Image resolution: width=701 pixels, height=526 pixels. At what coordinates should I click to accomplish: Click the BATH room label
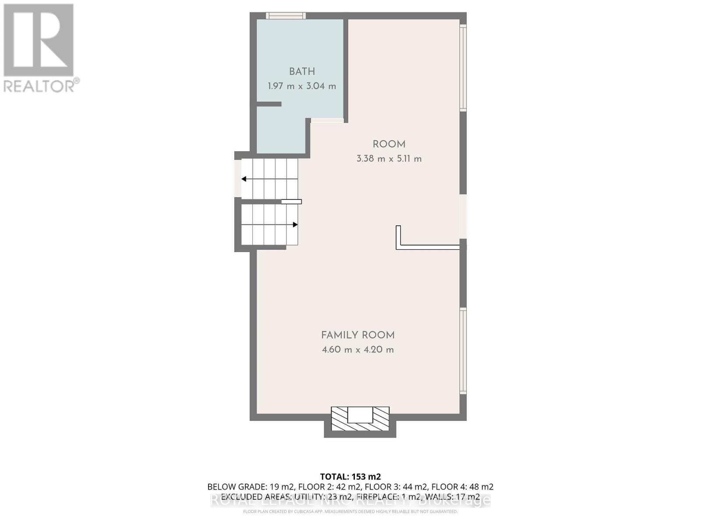[x=302, y=71]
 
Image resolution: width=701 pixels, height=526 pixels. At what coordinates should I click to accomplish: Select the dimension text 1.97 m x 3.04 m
[x=302, y=86]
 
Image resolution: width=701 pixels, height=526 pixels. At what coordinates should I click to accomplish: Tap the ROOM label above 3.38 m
[x=389, y=144]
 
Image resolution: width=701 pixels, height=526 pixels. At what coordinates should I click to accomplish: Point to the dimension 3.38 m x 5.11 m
[x=389, y=159]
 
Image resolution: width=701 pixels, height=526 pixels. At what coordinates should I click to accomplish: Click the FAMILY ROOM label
[x=358, y=335]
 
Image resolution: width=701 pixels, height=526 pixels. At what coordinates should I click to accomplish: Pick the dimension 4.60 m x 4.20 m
[x=358, y=350]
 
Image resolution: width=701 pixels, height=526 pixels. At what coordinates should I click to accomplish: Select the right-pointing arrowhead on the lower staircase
[x=295, y=224]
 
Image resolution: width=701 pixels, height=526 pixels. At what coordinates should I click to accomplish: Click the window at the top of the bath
[x=286, y=16]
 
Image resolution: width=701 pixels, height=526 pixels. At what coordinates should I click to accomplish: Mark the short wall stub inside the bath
[x=269, y=104]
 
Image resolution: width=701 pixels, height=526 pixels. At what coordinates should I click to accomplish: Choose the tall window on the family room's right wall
[x=463, y=351]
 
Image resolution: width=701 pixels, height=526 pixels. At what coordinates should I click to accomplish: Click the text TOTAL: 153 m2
[x=350, y=476]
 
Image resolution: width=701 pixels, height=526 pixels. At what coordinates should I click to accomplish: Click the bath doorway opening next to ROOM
[x=327, y=121]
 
